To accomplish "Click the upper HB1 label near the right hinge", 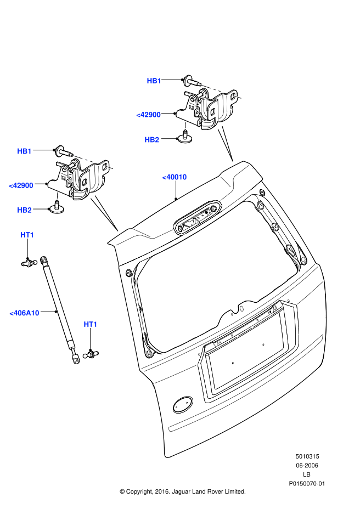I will [x=154, y=81].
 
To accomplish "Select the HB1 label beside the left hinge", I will [x=25, y=151].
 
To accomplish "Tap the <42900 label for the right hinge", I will [x=149, y=115].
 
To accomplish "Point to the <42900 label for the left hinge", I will [x=21, y=185].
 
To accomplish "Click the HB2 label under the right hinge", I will [x=152, y=140].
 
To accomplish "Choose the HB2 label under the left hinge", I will [x=25, y=210].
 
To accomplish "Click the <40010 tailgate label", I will [x=175, y=177].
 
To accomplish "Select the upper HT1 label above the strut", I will [x=27, y=235].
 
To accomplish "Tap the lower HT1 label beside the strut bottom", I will [x=91, y=324].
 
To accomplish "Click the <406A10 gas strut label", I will [x=25, y=313].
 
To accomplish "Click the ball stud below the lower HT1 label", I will [x=90, y=354].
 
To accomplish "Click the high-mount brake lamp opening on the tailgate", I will [x=196, y=218].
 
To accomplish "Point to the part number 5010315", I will [x=307, y=456].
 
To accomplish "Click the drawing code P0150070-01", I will [x=307, y=483].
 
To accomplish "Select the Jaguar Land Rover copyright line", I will [x=182, y=491].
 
